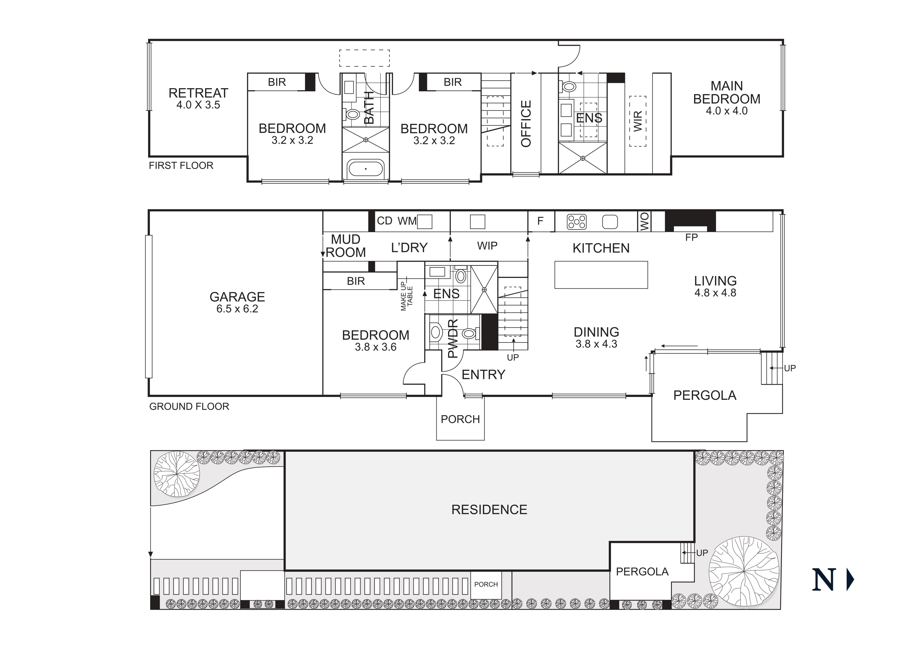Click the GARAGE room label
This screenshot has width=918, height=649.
tap(237, 297)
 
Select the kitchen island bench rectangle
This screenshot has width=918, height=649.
tap(601, 275)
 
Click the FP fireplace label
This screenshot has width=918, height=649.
tap(691, 238)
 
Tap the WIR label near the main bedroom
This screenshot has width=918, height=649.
tap(638, 121)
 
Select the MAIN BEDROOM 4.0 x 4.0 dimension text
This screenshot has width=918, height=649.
tap(726, 111)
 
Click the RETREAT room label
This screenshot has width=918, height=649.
tap(198, 93)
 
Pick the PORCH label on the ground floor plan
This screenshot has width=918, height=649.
tap(460, 419)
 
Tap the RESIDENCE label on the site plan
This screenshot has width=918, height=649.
tap(489, 510)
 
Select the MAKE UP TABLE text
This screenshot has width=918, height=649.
tap(406, 296)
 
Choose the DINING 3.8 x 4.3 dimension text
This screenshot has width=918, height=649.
tap(596, 344)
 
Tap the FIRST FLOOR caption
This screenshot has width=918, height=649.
tap(181, 166)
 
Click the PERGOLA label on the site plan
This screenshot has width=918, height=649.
tap(642, 572)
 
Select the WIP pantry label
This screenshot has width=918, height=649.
tap(487, 246)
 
